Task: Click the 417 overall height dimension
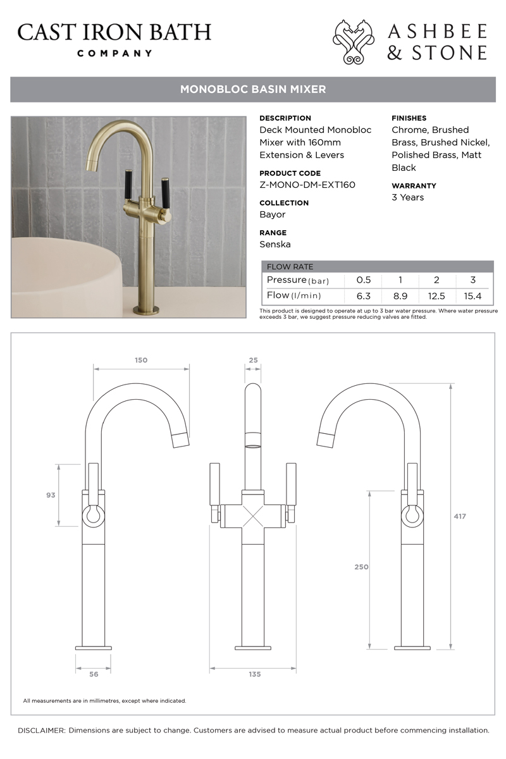460,516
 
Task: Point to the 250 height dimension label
361,567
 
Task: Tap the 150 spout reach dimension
141,360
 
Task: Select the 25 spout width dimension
253,360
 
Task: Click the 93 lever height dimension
51,495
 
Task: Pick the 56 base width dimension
94,674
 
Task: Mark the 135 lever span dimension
254,674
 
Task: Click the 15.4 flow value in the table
472,296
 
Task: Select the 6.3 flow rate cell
363,296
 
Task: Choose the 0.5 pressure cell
363,280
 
